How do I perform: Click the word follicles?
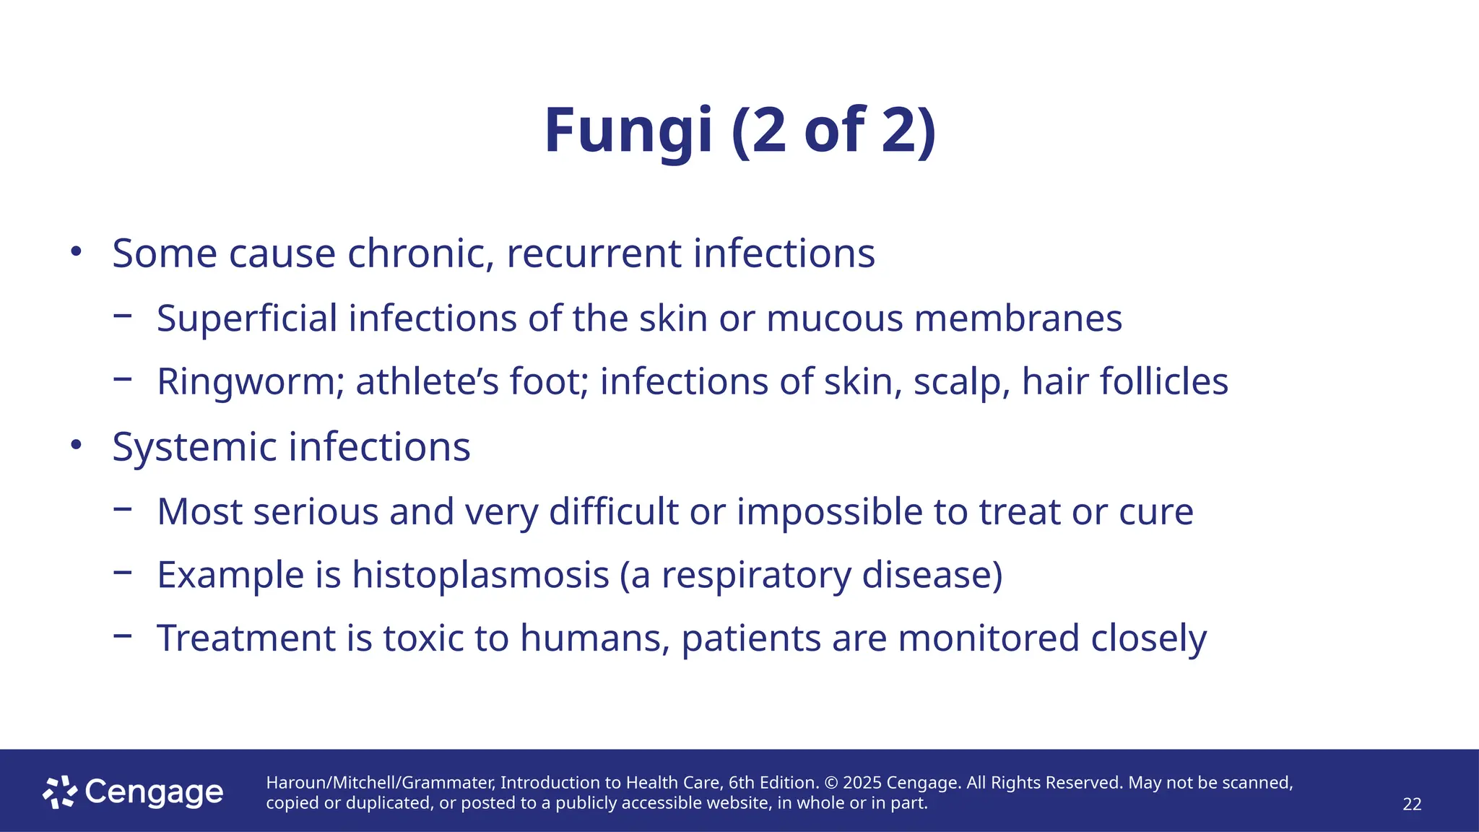click(1163, 381)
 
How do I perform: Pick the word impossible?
click(829, 512)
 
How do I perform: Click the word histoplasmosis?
click(480, 575)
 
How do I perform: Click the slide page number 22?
click(1412, 805)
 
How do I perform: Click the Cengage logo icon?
click(60, 792)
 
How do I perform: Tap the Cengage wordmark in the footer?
click(154, 793)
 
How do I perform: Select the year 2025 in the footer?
click(862, 783)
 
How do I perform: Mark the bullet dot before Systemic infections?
click(76, 445)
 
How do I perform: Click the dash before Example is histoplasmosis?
click(123, 573)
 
